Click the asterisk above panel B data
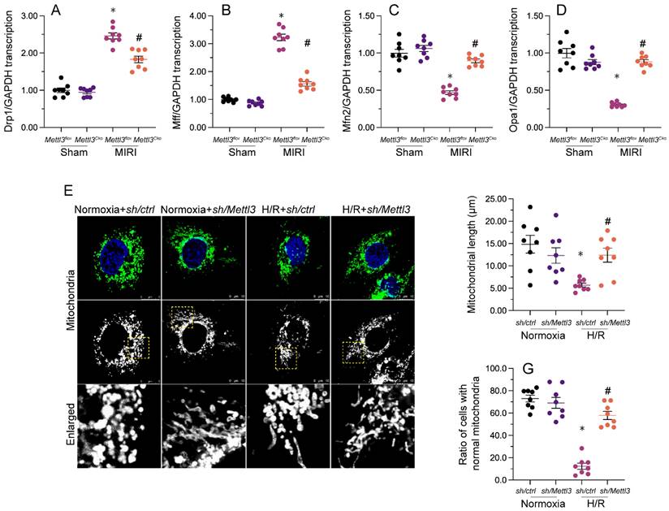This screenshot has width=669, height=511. tap(281, 17)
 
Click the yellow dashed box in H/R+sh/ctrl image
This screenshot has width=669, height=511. tap(286, 355)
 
